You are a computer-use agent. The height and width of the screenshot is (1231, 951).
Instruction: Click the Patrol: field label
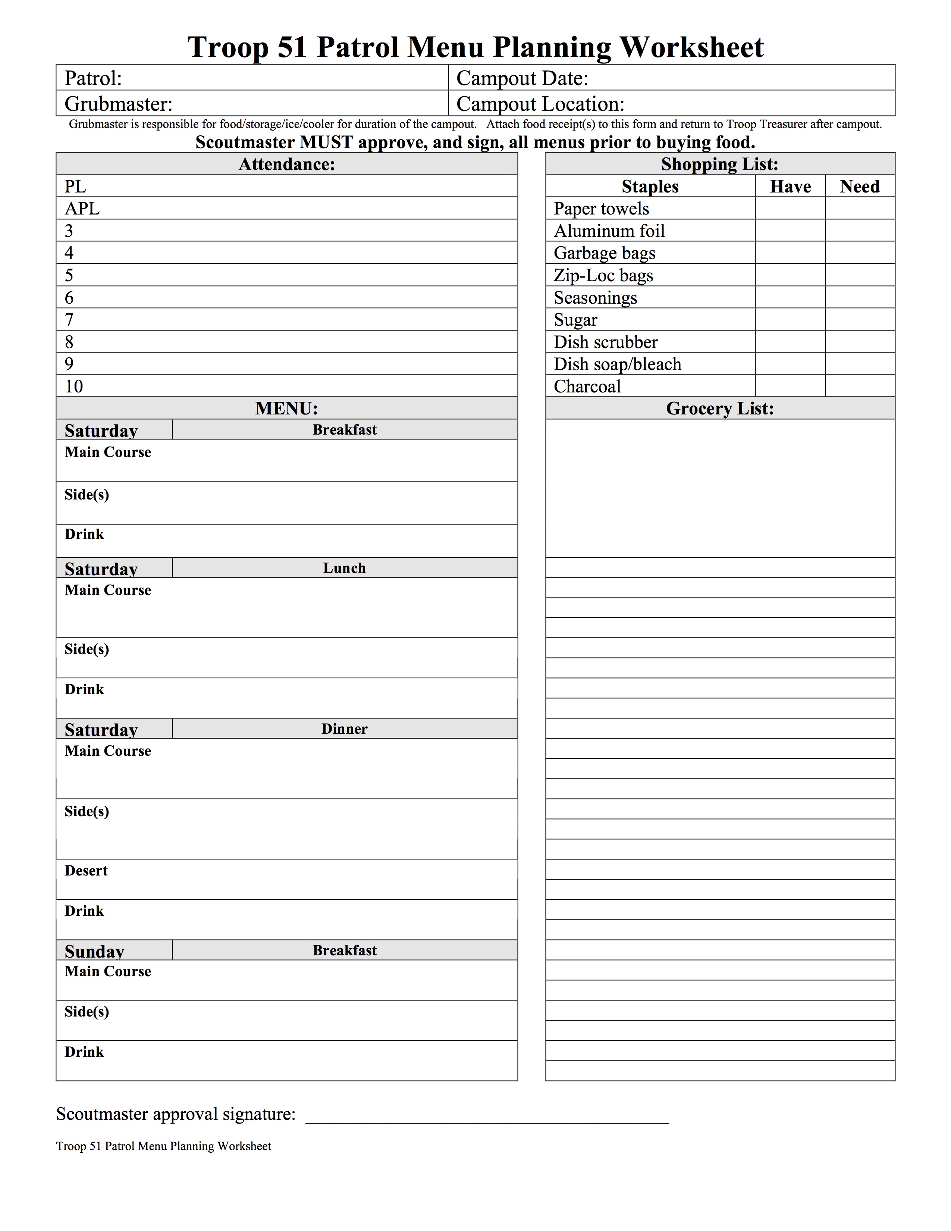coord(93,78)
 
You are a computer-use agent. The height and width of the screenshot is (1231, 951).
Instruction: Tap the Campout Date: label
coord(522,78)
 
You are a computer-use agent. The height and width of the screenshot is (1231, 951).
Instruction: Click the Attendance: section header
coord(287,164)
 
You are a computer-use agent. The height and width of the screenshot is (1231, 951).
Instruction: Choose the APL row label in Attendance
coord(82,209)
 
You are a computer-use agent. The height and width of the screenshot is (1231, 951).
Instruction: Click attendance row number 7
coord(69,320)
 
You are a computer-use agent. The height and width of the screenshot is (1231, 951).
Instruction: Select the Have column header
coord(790,187)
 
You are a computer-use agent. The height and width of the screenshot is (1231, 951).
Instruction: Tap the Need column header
coord(860,187)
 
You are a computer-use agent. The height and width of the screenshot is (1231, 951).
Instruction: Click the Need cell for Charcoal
coord(860,386)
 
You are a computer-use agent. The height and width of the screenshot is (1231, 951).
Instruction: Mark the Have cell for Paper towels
coord(790,209)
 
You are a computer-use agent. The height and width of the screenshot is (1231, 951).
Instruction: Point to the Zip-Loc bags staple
coord(603,276)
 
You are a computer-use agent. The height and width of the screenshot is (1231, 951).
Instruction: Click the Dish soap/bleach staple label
coord(618,364)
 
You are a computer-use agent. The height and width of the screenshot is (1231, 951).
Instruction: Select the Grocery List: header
coord(720,408)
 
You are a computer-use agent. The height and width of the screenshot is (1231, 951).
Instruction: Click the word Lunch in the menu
coord(344,568)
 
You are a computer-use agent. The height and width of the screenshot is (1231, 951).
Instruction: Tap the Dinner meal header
coord(344,729)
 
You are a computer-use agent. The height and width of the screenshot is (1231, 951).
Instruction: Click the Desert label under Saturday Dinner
coord(86,871)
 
